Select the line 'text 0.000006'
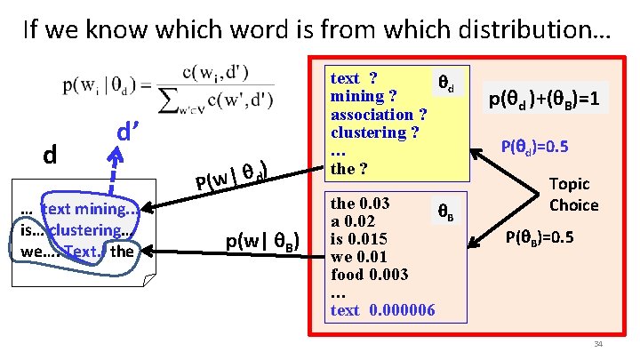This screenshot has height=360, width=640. (383, 309)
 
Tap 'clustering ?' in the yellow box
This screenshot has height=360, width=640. (374, 132)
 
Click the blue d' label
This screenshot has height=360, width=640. (132, 134)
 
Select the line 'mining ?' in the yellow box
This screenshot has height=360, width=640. (364, 96)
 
